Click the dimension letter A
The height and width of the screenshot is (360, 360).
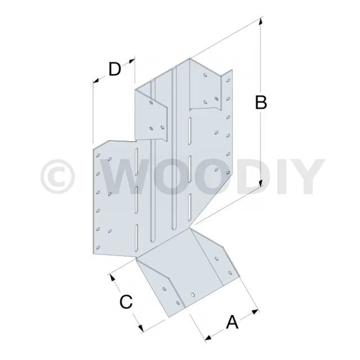(232, 322)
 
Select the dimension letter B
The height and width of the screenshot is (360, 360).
(261, 102)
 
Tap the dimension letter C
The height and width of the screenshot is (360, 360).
(126, 301)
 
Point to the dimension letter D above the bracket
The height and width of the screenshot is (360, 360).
(115, 69)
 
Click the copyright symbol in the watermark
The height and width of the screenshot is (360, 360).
(58, 177)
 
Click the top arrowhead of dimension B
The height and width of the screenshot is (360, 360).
(260, 21)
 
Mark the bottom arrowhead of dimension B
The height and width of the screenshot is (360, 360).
(260, 183)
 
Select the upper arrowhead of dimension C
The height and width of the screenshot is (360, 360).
(112, 277)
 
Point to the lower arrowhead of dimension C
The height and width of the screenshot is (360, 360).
(141, 328)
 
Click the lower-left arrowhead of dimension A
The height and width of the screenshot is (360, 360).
(208, 337)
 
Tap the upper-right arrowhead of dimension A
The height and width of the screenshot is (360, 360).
(255, 312)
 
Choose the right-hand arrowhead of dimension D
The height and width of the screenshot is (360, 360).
(132, 61)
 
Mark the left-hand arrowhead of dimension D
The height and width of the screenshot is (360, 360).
(96, 80)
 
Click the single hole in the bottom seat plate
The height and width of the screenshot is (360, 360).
(193, 295)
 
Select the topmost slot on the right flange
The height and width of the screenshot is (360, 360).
(190, 131)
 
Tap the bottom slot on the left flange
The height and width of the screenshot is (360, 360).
(136, 237)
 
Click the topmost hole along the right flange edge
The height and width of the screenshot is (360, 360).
(228, 80)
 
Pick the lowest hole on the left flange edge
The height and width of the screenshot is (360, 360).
(98, 247)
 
